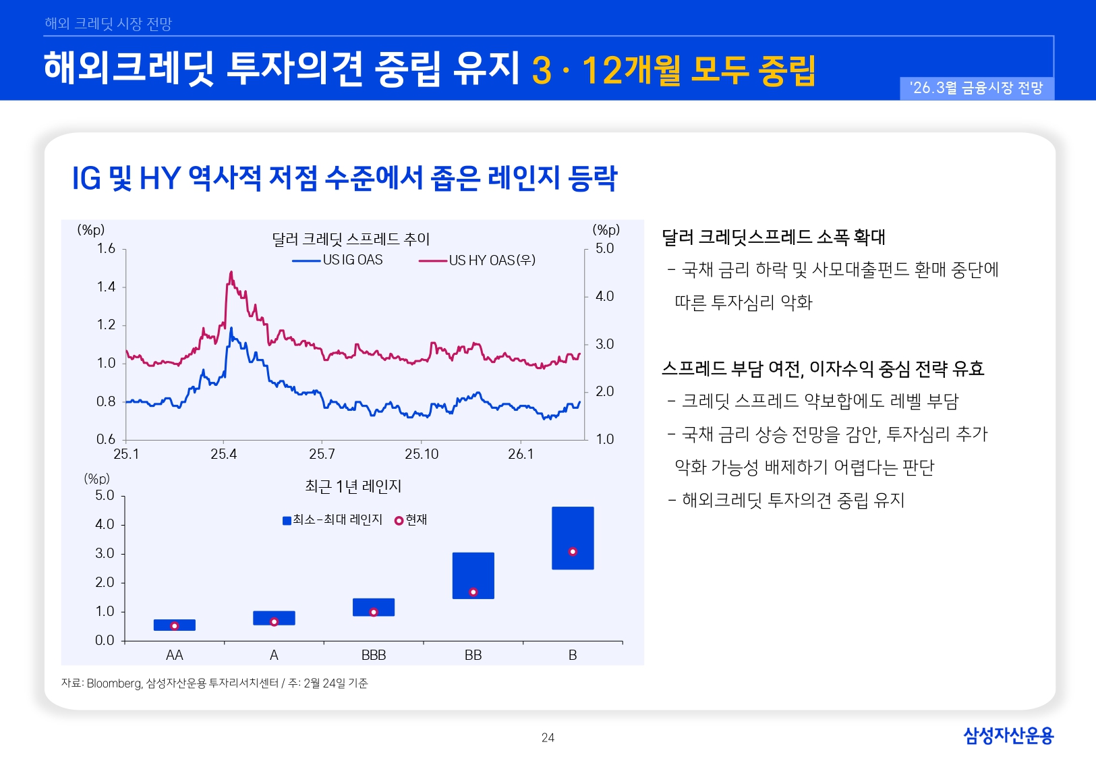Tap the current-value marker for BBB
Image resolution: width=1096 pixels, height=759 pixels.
[x=374, y=613]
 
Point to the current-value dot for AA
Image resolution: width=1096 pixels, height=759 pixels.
[x=174, y=626]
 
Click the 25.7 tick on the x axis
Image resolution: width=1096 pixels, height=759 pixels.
[x=322, y=454]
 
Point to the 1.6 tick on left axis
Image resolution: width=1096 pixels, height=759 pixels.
[x=106, y=249]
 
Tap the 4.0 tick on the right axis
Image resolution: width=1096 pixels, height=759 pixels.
[x=604, y=296]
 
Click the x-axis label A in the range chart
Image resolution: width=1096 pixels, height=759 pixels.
[x=274, y=655]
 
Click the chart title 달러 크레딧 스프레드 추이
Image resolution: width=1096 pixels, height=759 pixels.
[x=351, y=239]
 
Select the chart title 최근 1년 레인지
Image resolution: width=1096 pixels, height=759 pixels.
[x=353, y=486]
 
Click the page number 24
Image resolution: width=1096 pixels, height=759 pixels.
[x=548, y=738]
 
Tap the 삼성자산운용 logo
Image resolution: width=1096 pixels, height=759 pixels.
[x=1008, y=735]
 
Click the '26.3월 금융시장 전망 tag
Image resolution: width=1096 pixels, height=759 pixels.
[x=976, y=88]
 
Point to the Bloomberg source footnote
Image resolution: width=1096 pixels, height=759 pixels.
[x=214, y=683]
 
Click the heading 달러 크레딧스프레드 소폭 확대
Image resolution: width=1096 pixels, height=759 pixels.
[x=773, y=237]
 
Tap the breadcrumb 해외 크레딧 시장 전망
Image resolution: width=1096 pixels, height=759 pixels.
[x=109, y=24]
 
